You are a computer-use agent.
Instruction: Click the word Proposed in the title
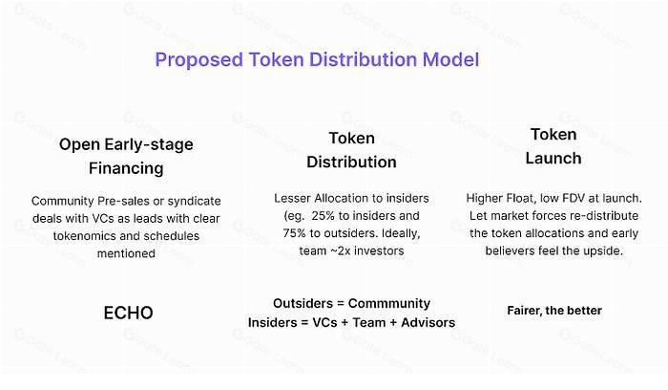(198, 60)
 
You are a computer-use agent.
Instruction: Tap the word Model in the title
(450, 59)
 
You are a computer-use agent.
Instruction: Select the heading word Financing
(126, 169)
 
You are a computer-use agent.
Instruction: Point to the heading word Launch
(553, 159)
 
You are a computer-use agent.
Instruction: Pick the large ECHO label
(128, 313)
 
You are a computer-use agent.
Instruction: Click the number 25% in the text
(324, 216)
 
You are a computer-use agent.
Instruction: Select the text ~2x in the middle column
(341, 250)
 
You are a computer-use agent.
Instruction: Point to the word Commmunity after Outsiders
(389, 303)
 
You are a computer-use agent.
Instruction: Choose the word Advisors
(428, 322)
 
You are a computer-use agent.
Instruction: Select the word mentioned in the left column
(126, 253)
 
